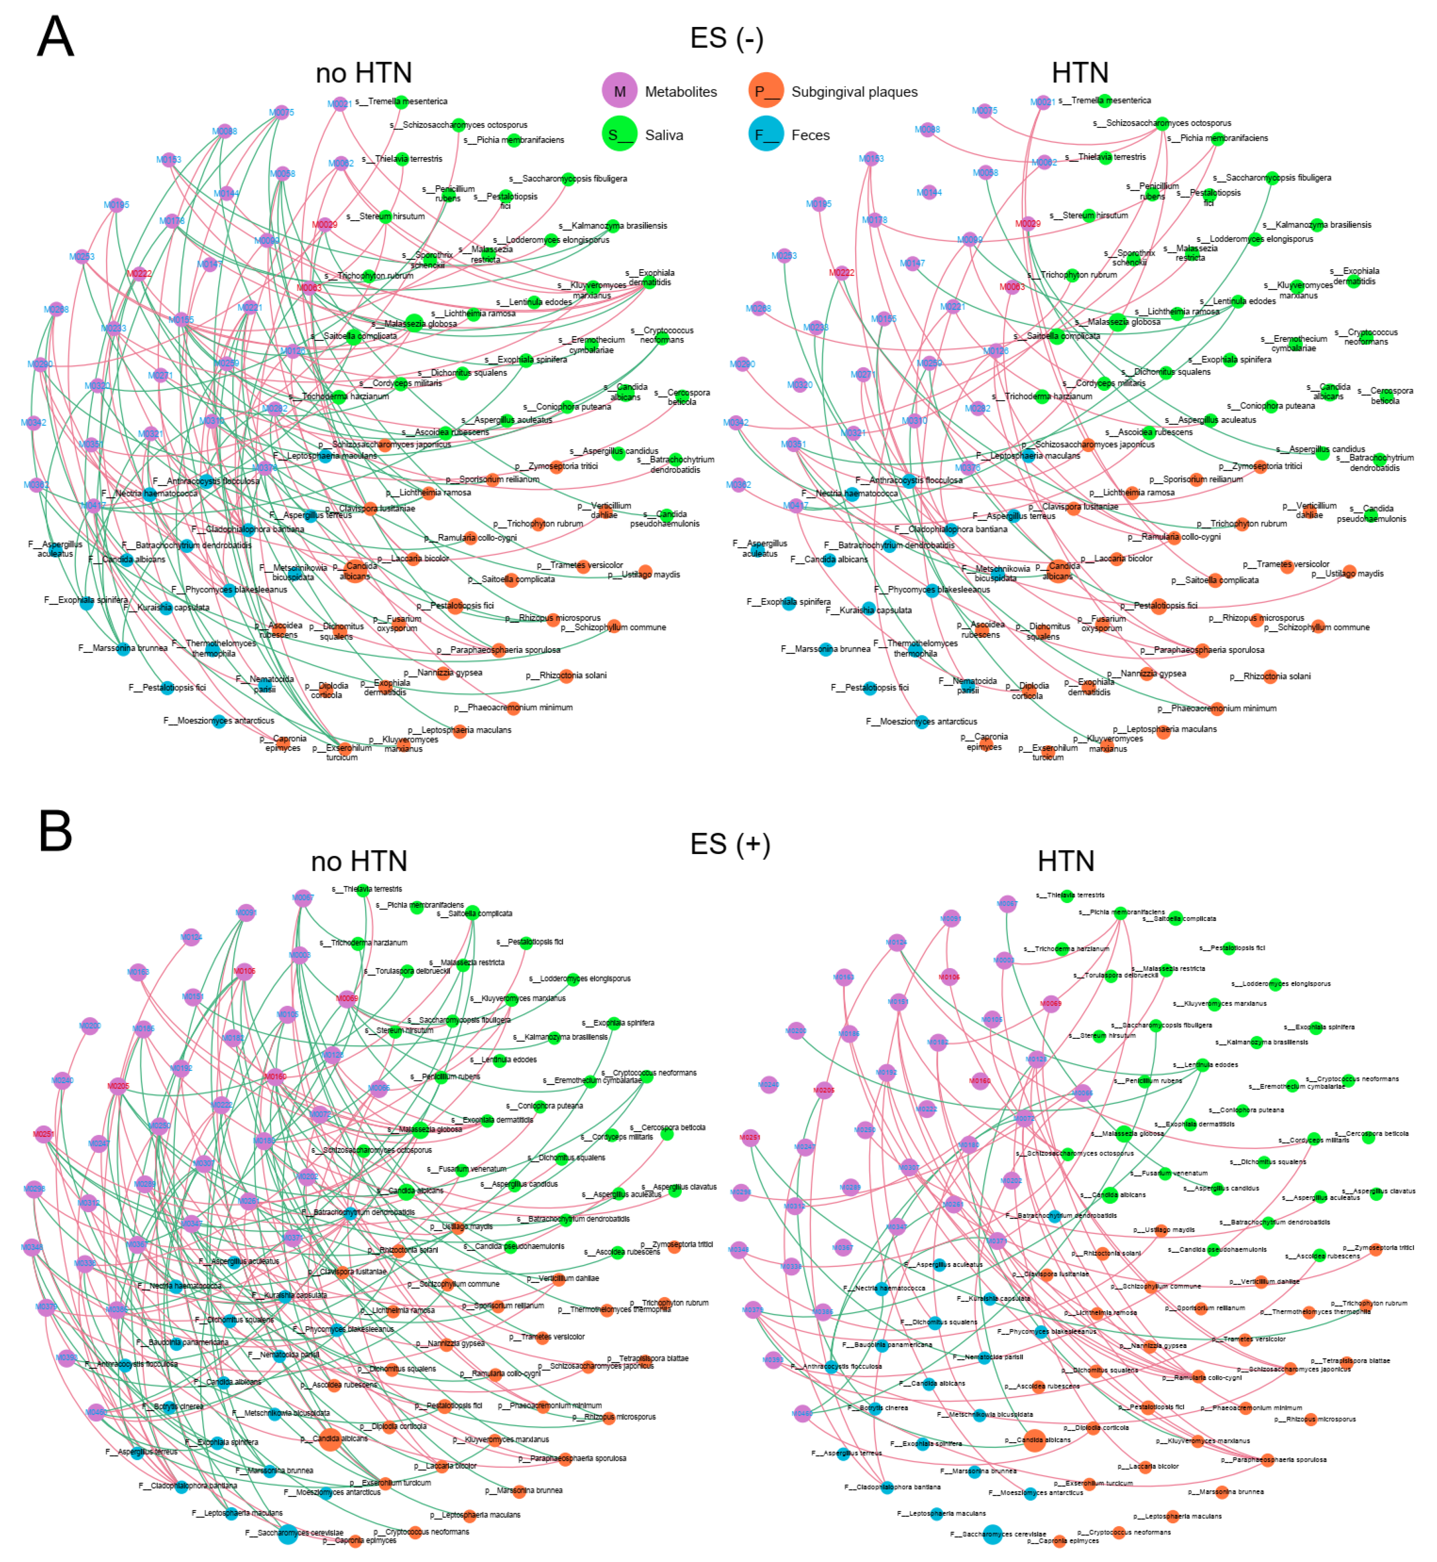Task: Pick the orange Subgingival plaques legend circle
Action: [x=766, y=91]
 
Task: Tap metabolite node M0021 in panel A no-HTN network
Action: [x=339, y=103]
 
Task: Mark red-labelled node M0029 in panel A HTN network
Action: [x=1028, y=223]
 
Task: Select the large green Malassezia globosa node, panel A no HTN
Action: [x=415, y=324]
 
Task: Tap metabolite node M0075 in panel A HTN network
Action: [x=984, y=111]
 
